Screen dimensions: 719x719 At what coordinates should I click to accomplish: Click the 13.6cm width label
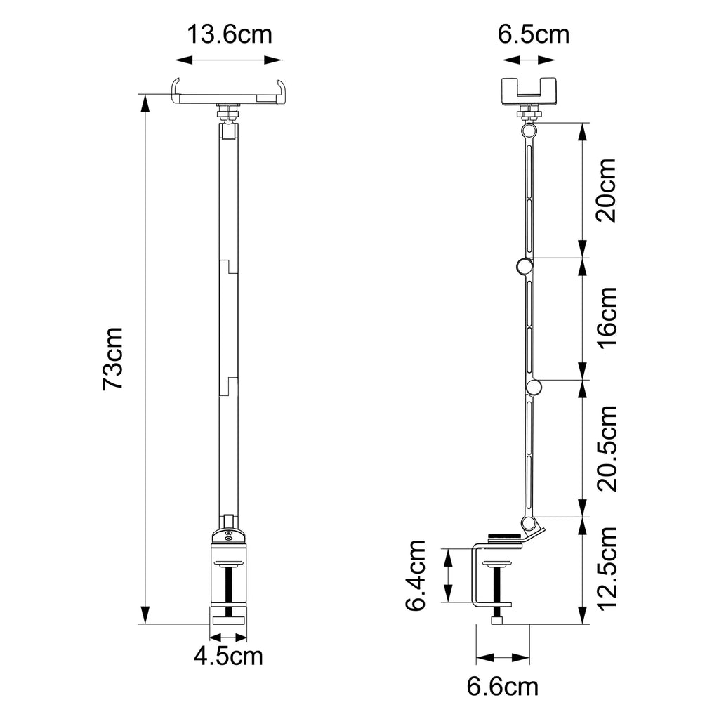pyautogui.click(x=228, y=34)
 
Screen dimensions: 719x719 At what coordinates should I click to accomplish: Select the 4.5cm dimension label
pyautogui.click(x=228, y=657)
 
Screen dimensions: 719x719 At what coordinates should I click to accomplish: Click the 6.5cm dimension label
pyautogui.click(x=534, y=34)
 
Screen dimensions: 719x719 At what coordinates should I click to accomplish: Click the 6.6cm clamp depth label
pyautogui.click(x=503, y=686)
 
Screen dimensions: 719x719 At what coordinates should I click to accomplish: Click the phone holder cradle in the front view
pyautogui.click(x=230, y=94)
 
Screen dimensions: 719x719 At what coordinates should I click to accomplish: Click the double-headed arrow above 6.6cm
pyautogui.click(x=503, y=659)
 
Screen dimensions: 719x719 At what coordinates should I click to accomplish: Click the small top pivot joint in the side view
pyautogui.click(x=528, y=131)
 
